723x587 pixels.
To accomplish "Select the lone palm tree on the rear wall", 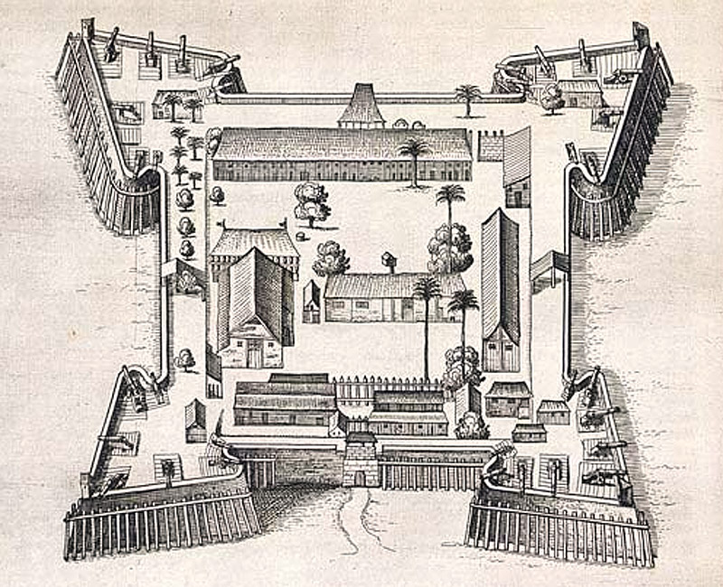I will [x=467, y=98].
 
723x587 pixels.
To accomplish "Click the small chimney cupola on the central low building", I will [x=390, y=262].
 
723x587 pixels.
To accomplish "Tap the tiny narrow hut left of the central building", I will [x=311, y=302].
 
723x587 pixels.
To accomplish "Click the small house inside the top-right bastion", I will [x=579, y=92].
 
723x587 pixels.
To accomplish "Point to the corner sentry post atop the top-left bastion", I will [x=88, y=30].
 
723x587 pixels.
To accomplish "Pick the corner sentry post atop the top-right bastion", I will [x=641, y=34].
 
